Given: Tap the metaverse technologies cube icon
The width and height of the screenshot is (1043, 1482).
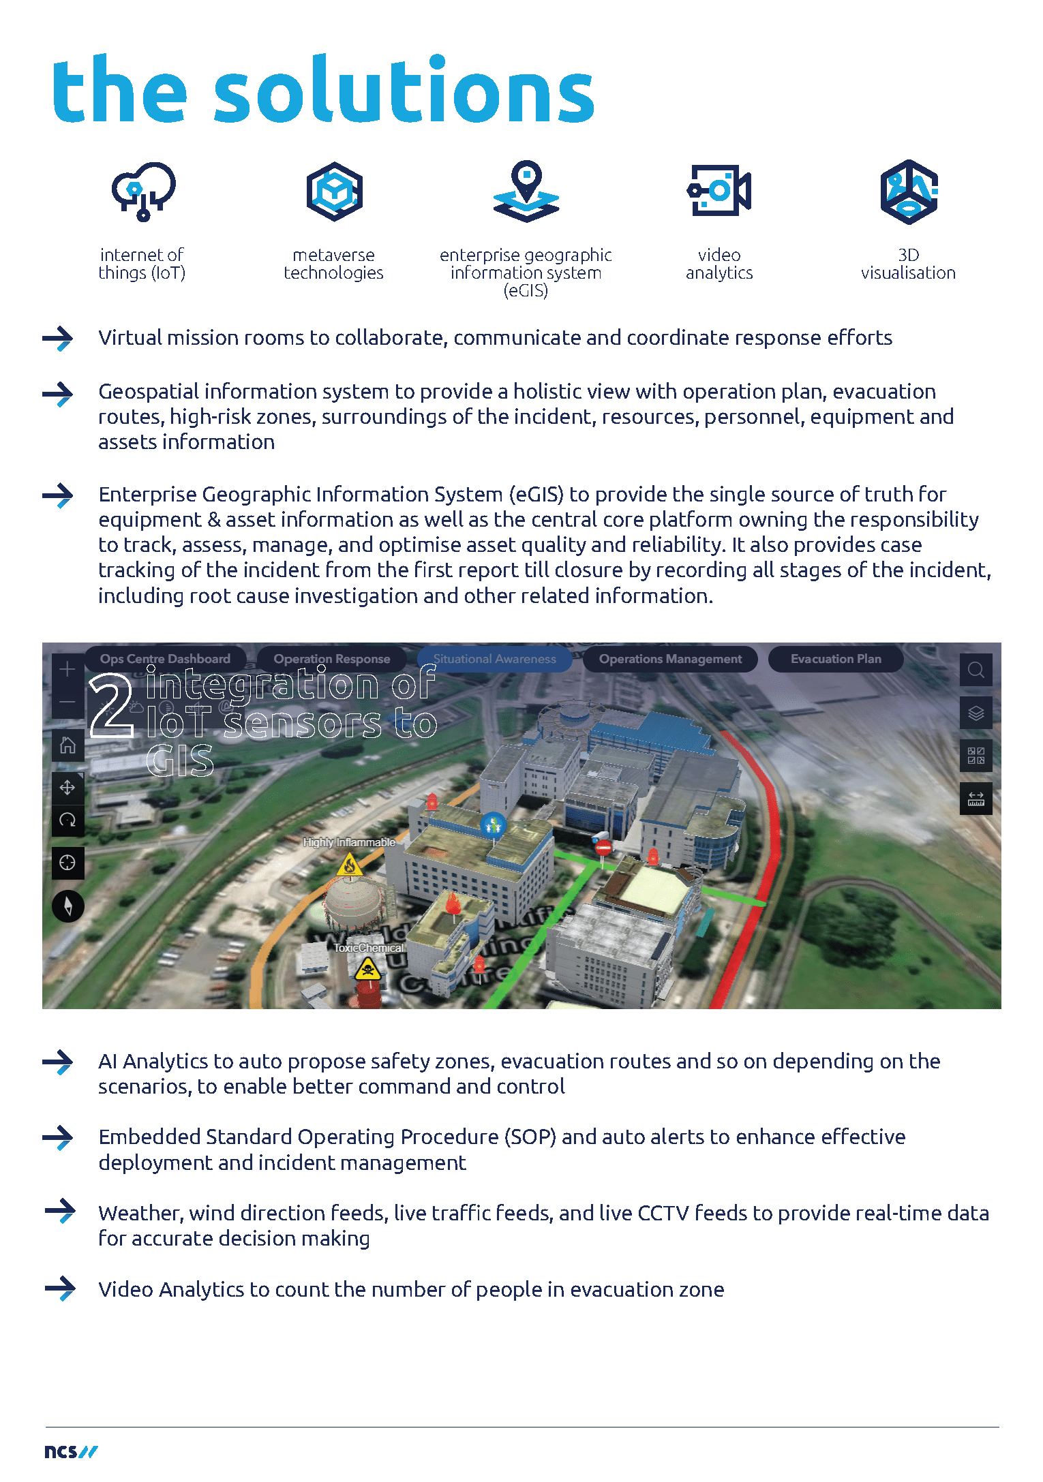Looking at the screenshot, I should pos(334,191).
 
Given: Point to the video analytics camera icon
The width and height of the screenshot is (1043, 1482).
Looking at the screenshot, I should pos(719,191).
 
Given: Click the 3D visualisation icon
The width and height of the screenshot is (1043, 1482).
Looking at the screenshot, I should pos(909,192).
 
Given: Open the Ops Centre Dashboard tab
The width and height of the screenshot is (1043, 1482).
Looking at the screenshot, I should pos(165,659).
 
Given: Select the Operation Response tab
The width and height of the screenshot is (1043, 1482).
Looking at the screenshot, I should pos(332,659).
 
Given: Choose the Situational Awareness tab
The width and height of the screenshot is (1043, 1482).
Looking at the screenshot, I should pos(495,659).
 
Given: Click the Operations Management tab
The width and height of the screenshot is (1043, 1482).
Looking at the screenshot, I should pos(670,659).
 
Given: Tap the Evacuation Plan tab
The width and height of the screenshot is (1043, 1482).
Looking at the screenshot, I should pos(836,659).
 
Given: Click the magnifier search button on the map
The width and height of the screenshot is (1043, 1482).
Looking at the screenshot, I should pos(976,670).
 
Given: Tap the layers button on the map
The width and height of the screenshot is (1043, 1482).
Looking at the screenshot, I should pos(976,713).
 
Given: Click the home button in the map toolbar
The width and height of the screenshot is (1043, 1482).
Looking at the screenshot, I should pos(67,745).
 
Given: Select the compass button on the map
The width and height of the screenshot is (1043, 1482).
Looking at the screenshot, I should pos(67,906).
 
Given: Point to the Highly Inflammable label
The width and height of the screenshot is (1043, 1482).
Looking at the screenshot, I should pos(349,843).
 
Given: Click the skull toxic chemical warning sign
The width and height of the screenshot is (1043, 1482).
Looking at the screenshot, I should pos(367,968).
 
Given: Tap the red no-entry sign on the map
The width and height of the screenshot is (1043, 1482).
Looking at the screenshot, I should pos(603,848).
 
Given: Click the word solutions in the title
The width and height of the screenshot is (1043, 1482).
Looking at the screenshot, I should pos(404,91).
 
